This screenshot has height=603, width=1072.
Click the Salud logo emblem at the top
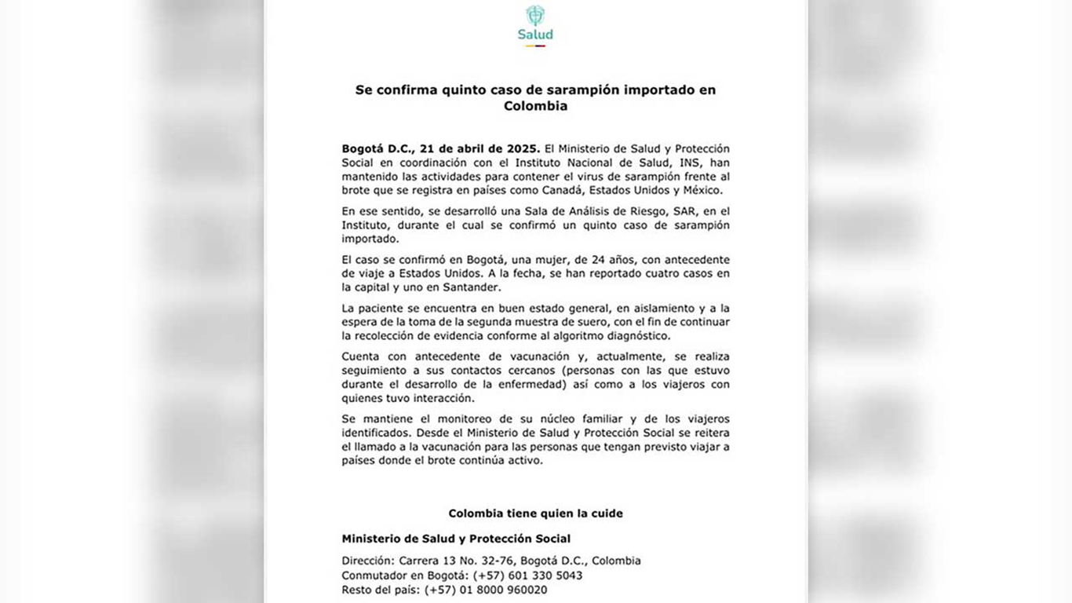pyautogui.click(x=535, y=16)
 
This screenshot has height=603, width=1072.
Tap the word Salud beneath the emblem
pyautogui.click(x=535, y=35)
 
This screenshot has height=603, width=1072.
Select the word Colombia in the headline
pyautogui.click(x=535, y=106)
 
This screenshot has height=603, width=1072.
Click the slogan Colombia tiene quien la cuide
pyautogui.click(x=535, y=513)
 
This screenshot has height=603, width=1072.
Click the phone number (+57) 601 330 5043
pyautogui.click(x=527, y=576)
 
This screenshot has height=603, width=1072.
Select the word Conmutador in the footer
pyautogui.click(x=373, y=576)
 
